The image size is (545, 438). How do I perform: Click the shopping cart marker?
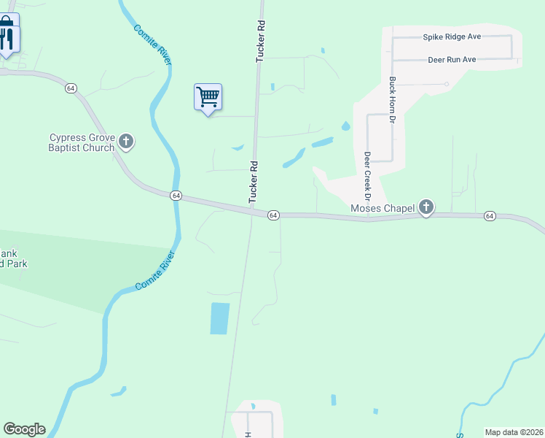(208, 97)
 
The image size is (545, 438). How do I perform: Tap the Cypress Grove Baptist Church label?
(82, 142)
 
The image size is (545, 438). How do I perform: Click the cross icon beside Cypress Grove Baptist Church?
(126, 142)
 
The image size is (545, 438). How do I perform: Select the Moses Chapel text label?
(383, 209)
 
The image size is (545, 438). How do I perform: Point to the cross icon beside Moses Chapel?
(426, 209)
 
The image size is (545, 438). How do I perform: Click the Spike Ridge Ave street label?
(452, 36)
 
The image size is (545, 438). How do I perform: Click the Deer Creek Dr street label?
(368, 177)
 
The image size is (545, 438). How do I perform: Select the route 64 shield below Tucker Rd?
(273, 215)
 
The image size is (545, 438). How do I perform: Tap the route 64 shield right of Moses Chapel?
(489, 216)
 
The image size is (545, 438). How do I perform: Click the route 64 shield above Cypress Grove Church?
(71, 88)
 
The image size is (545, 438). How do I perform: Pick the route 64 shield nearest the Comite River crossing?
(176, 196)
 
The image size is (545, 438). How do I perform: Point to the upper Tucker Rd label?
(259, 41)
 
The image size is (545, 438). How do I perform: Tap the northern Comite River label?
(152, 45)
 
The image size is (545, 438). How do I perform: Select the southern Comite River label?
(154, 272)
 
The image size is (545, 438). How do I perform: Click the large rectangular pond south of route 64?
(219, 318)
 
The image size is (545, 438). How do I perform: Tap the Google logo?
(24, 429)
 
